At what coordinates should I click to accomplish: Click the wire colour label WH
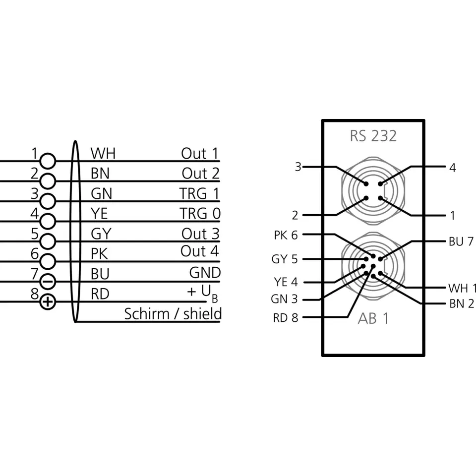point(103,153)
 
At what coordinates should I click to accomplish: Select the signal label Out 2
point(200,174)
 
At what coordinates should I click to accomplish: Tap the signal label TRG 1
point(199,193)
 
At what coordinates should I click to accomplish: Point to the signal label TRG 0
point(200,214)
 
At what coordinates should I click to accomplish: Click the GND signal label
point(205,273)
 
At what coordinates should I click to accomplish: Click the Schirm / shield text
point(173,314)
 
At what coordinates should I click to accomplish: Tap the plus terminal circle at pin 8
point(48,301)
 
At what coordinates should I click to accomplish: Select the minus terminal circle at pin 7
point(48,282)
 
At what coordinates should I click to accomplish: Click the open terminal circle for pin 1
point(48,161)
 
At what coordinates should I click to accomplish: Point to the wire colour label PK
point(100,254)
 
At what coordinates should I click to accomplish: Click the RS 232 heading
point(373,136)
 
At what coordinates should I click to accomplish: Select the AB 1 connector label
point(373,318)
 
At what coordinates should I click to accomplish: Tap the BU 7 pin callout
point(461,241)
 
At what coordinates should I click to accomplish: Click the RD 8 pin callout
point(286,318)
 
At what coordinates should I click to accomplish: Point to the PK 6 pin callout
point(286,235)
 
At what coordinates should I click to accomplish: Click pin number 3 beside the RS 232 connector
point(298,167)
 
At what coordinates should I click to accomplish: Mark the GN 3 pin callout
point(285,299)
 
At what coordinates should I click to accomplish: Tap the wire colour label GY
point(101,234)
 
